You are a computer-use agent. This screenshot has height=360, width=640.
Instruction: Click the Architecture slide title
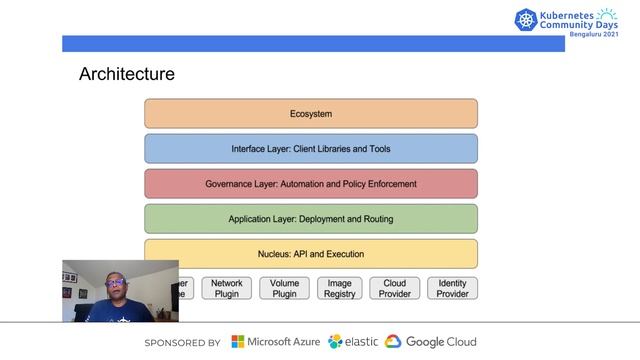tap(127, 74)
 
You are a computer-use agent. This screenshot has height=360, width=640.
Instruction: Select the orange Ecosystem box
tap(310, 114)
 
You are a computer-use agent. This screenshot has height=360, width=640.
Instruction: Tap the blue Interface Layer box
tap(310, 149)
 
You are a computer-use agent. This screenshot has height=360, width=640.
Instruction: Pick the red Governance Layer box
tap(310, 184)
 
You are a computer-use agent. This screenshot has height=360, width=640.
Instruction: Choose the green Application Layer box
tap(310, 219)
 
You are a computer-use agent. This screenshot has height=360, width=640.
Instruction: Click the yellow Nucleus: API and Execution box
tap(310, 254)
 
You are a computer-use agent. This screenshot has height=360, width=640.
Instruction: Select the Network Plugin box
tap(227, 288)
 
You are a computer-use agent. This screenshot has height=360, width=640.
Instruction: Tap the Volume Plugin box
tap(284, 288)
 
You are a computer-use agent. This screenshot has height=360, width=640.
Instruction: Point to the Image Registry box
tap(340, 288)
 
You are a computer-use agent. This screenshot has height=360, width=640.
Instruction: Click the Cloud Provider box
tap(396, 288)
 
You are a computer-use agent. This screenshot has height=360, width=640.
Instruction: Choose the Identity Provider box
tap(452, 288)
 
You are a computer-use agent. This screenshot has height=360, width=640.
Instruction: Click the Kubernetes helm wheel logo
tap(526, 21)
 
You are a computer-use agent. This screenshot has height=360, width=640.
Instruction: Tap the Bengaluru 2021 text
tap(593, 34)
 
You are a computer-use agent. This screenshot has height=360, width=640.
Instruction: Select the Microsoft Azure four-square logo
tap(238, 342)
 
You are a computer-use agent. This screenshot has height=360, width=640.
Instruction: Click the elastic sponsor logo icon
tap(336, 342)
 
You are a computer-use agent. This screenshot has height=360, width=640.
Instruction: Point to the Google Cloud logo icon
tap(393, 342)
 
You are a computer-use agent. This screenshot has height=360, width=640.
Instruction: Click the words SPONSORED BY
tap(183, 342)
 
